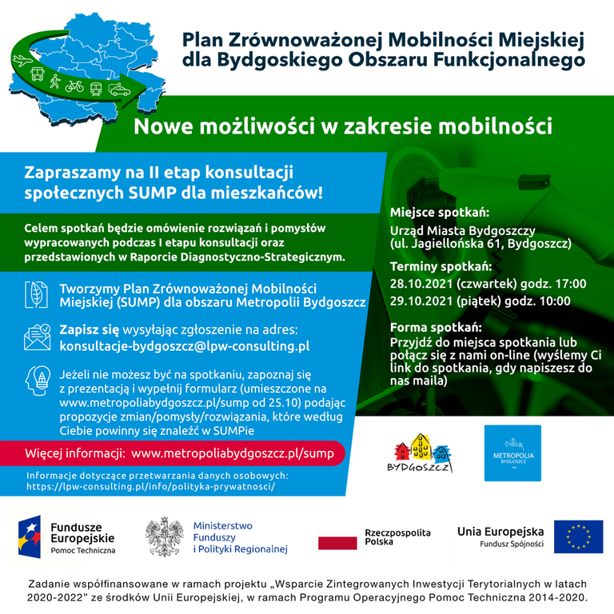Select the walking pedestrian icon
point(55,82)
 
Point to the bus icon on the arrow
point(37,75)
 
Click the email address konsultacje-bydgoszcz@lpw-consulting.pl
point(185,346)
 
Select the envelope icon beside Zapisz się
point(37,338)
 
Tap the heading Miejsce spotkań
point(439,213)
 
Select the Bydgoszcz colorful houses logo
point(418,453)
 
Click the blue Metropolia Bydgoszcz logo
point(512,453)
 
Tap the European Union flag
point(578,537)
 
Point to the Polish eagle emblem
point(165,537)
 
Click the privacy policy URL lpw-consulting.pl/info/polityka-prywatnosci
point(150,486)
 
